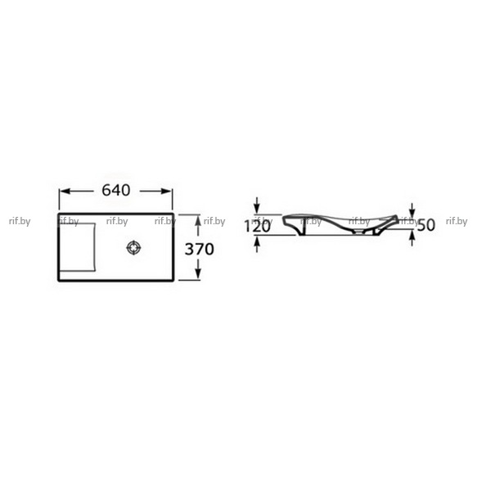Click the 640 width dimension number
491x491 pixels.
[116, 190]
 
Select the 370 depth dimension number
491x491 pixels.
[199, 250]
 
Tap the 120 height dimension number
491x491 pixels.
[257, 226]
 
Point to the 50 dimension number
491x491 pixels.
[426, 225]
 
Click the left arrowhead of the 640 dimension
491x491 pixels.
[65, 191]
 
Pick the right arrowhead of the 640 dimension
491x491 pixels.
[166, 191]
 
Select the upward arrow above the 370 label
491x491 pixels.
[197, 226]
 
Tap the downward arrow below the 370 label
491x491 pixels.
[197, 269]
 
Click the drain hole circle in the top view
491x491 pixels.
[133, 248]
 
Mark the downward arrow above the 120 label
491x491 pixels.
[257, 205]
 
